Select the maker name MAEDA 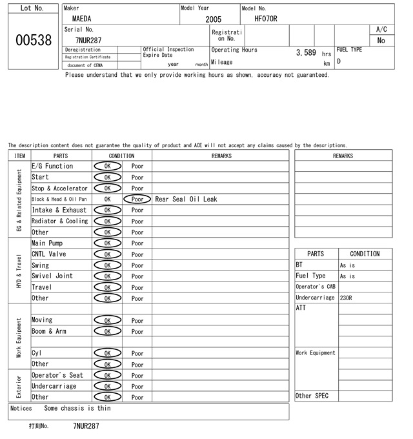click(x=82, y=19)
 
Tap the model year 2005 click(x=213, y=19)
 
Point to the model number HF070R click(x=266, y=19)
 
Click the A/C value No click(x=381, y=41)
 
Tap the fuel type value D click(x=339, y=62)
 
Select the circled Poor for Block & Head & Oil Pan click(x=137, y=199)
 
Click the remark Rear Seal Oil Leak click(x=186, y=199)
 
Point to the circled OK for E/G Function click(x=107, y=167)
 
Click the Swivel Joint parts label click(x=52, y=276)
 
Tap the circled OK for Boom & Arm click(x=107, y=332)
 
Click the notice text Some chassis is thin click(x=77, y=408)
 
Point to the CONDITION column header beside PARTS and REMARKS click(x=122, y=156)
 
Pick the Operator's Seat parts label click(x=57, y=376)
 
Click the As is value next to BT click(x=348, y=265)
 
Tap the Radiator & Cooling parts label click(x=60, y=221)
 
